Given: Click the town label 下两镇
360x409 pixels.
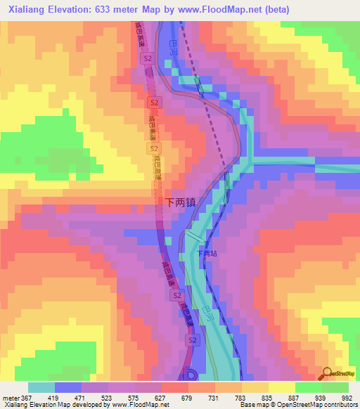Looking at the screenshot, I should [x=181, y=201].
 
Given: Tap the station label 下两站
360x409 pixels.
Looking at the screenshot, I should [x=207, y=254].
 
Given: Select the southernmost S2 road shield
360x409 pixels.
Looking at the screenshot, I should [x=191, y=340].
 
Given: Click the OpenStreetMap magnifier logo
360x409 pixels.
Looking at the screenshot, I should [x=327, y=374].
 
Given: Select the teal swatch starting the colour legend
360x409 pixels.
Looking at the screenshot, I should [x=41, y=387].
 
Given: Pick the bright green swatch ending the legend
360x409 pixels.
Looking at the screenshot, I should [x=335, y=387].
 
